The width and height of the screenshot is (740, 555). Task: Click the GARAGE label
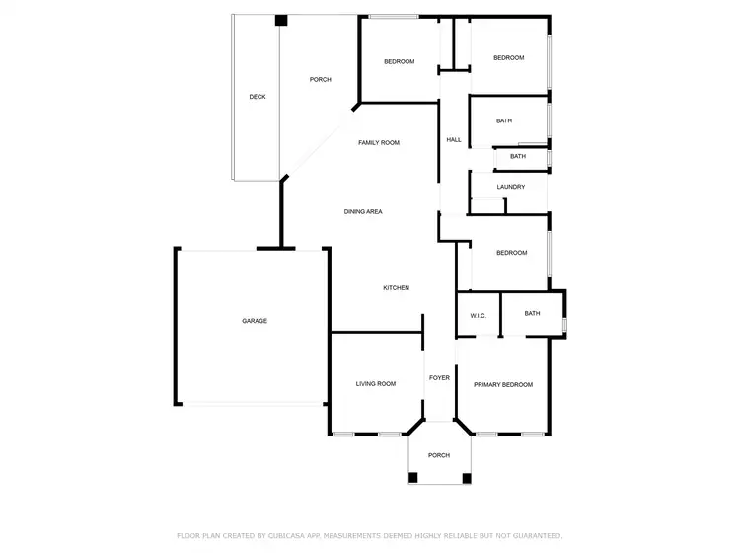point(255,321)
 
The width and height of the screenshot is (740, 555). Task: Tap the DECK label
point(258,97)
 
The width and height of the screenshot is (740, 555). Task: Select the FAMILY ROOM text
point(379,143)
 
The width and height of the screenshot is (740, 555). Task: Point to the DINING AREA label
point(363,211)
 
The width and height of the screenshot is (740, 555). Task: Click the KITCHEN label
point(396,288)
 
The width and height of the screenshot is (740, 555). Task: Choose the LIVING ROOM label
point(376,384)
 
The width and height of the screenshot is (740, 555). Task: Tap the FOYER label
point(439,378)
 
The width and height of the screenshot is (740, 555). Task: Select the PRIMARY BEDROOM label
point(503,385)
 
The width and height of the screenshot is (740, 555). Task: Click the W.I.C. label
point(478,316)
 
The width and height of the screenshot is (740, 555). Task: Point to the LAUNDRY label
point(510,187)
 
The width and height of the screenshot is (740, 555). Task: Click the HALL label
point(454,140)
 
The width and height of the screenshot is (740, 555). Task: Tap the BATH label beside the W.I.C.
point(532,314)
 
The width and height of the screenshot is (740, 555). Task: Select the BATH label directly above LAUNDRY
point(518,156)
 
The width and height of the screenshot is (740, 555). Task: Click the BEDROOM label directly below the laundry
point(511,253)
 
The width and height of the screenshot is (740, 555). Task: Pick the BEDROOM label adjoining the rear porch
point(399,62)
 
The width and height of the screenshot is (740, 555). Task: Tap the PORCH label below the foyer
point(439,455)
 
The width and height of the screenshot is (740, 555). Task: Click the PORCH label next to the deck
point(320,80)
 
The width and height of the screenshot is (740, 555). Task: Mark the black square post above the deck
point(281,20)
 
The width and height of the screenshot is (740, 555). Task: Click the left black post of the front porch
point(413,478)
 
